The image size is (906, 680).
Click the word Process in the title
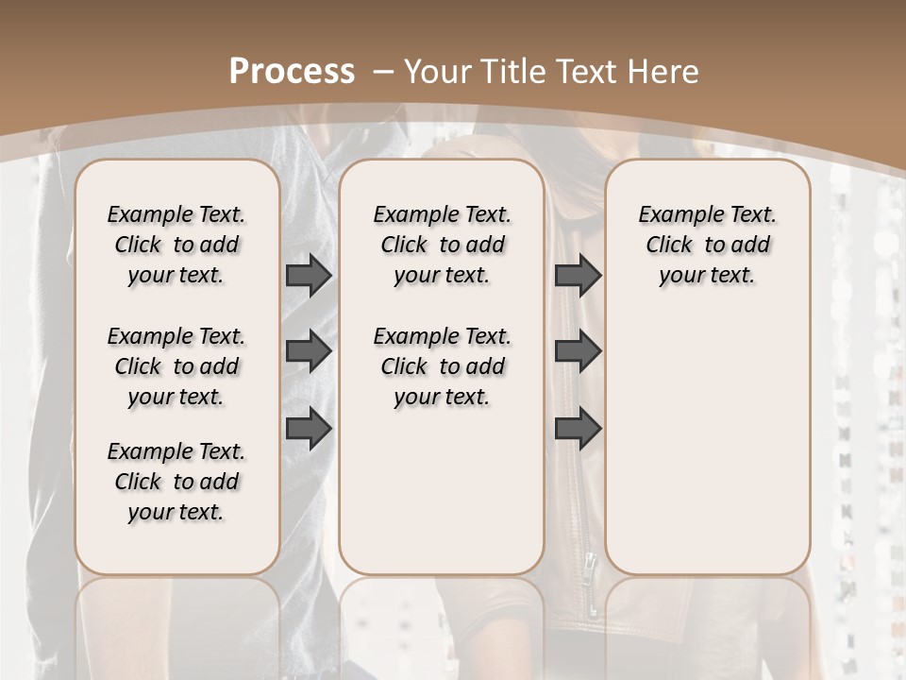pyautogui.click(x=293, y=71)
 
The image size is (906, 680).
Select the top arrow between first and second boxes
pyautogui.click(x=309, y=276)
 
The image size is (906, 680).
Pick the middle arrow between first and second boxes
pyautogui.click(x=309, y=351)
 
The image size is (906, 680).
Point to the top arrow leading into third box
pyautogui.click(x=578, y=276)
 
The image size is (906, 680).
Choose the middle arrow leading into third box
pyautogui.click(x=578, y=351)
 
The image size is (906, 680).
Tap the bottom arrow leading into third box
pyautogui.click(x=578, y=429)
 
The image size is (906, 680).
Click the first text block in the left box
pyautogui.click(x=176, y=245)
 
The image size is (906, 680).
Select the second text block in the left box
pyautogui.click(x=176, y=366)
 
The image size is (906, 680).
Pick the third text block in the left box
pyautogui.click(x=176, y=482)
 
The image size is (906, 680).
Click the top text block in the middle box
pyautogui.click(x=442, y=245)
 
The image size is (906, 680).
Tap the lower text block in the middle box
pyautogui.click(x=442, y=366)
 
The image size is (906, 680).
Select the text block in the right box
pyautogui.click(x=707, y=245)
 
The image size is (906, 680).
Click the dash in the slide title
pyautogui.click(x=383, y=72)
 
